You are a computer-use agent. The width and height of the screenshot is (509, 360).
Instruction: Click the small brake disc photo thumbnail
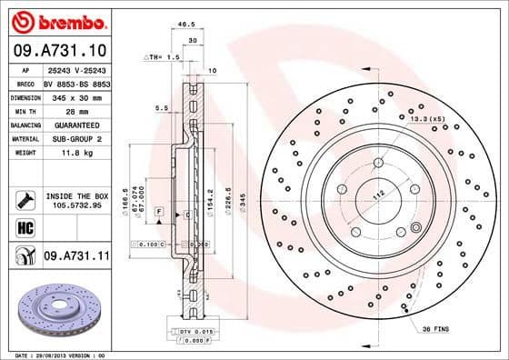tap(56, 309)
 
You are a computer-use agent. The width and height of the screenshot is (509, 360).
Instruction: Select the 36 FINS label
tap(434, 329)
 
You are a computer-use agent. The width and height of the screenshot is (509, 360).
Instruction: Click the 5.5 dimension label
tap(161, 107)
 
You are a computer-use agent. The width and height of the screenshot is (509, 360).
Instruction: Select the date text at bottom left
tap(56, 354)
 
